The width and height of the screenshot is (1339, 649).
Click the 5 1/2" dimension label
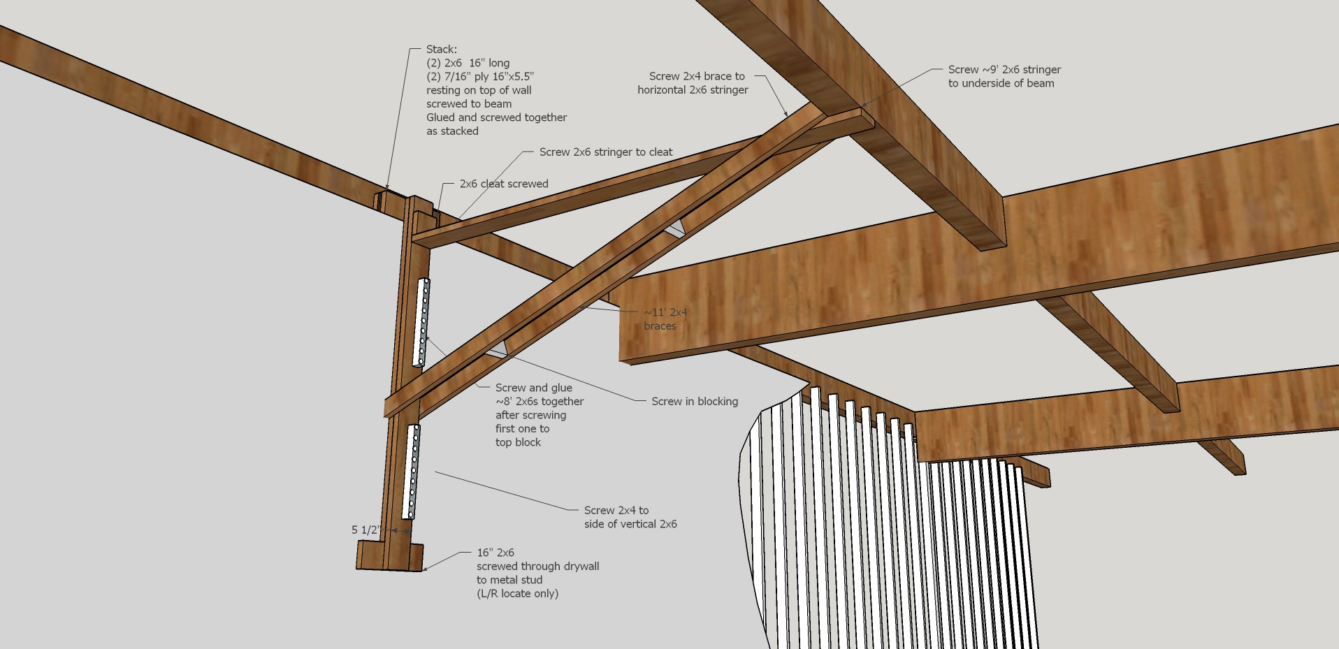pos(364,530)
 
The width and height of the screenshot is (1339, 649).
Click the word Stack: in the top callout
pos(442,50)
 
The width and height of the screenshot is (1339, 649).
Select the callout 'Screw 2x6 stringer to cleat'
pos(605,152)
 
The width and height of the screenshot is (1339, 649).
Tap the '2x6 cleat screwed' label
pos(503,184)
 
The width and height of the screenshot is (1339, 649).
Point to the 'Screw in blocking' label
pos(694,402)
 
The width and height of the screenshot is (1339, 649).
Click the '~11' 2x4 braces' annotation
pos(665,319)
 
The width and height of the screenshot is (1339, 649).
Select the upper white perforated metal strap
pos(422,321)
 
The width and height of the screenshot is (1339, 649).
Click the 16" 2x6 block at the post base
pos(389,557)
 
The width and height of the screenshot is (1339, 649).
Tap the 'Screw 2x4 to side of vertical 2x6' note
pos(630,518)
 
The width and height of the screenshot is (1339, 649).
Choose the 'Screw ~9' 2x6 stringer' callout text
pos(1004,76)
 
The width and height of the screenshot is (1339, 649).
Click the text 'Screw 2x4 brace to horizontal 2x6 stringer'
pos(693,83)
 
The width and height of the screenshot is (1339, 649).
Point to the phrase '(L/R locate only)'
pos(517,594)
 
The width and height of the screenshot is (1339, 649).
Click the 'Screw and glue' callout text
pos(533,388)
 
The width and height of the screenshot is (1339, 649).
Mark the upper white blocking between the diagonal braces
pos(674,228)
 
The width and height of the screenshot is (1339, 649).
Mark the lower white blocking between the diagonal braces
pos(496,350)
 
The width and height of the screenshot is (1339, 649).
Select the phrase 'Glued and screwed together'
pos(496,117)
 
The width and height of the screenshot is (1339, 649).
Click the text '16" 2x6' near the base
pos(495,553)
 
